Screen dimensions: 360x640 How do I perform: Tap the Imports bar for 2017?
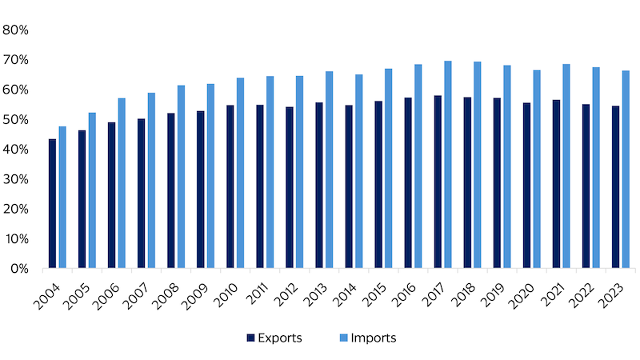(448, 165)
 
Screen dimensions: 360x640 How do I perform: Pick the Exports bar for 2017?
(438, 182)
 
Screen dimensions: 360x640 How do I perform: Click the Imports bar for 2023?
(626, 170)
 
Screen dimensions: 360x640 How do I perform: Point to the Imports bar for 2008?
(181, 177)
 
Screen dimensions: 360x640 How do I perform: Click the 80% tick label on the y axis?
(16, 30)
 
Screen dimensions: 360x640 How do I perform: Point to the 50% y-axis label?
(16, 120)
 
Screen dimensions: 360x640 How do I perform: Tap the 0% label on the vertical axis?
(19, 269)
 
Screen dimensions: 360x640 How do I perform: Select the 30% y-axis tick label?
(16, 179)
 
